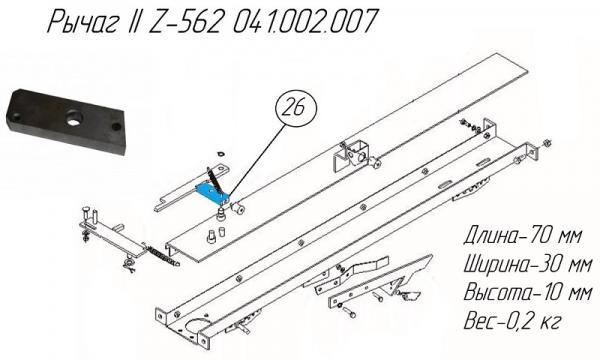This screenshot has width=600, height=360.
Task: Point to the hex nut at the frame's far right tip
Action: pos(548,147)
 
